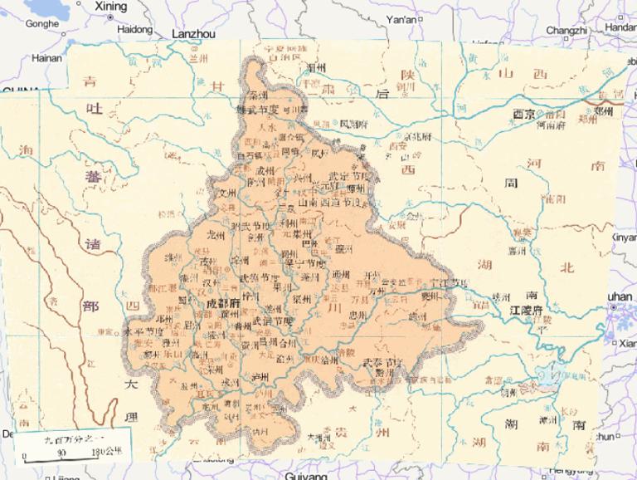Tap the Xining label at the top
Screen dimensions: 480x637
111,7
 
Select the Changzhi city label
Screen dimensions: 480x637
566,30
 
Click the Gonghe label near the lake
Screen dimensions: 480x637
42,24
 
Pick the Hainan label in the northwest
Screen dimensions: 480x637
46,58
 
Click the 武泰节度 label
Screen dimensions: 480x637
382,362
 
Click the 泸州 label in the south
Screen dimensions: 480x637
260,376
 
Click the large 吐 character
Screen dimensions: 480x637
92,117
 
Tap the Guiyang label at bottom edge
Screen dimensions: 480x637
306,475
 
